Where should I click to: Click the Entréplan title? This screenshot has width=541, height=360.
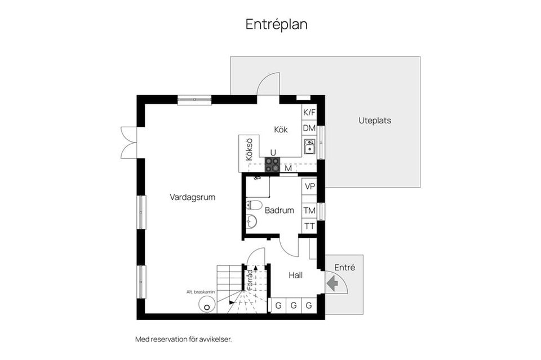tap(276, 24)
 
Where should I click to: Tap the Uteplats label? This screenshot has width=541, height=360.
tap(375, 121)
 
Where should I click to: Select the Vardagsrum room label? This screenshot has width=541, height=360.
tap(193, 197)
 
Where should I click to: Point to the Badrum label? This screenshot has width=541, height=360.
tap(279, 210)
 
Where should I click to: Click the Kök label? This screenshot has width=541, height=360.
tap(281, 130)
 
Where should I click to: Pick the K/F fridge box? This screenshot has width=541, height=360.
tap(309, 112)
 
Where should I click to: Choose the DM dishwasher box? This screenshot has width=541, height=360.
tap(309, 128)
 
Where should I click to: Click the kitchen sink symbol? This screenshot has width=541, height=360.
tap(309, 146)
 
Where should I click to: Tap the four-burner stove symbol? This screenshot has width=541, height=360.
tap(272, 165)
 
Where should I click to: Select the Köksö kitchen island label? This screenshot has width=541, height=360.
tap(249, 150)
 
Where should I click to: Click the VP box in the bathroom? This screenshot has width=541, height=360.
tap(309, 186)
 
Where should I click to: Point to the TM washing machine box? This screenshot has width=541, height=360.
tap(309, 210)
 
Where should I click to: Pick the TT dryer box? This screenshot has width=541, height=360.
tap(309, 226)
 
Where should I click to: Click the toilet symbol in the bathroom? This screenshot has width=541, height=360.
tap(254, 205)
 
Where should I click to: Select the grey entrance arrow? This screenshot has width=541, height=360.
tap(332, 283)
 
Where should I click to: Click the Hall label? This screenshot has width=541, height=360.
tap(296, 275)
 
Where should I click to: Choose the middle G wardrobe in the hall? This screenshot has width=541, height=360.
tap(294, 305)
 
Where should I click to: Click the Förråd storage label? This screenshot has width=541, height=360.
tap(249, 279)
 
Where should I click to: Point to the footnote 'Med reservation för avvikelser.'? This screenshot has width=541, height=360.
tap(184, 339)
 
